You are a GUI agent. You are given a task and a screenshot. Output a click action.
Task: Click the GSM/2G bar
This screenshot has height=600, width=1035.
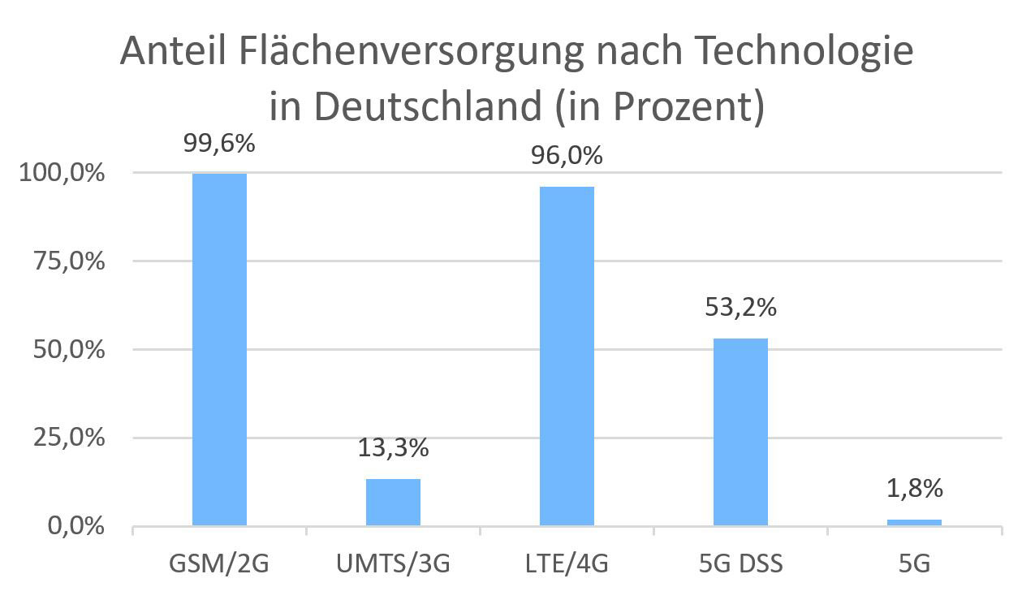(219, 349)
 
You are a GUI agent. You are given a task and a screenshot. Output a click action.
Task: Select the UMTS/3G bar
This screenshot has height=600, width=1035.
(393, 503)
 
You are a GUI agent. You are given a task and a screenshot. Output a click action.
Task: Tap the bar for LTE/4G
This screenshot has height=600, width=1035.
(567, 356)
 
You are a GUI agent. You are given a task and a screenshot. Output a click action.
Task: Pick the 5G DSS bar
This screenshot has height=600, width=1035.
(740, 432)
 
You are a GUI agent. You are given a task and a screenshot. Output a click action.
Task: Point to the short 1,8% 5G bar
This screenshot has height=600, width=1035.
(914, 522)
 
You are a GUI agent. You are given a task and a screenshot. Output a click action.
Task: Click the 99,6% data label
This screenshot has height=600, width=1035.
(219, 145)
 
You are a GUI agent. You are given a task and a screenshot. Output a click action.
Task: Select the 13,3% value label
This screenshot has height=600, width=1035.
(393, 447)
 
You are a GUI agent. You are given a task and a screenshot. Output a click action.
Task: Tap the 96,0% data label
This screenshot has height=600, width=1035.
(567, 155)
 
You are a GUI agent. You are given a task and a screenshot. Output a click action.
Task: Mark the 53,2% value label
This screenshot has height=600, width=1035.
(740, 308)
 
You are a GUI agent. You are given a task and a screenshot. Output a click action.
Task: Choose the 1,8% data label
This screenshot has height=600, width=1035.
(914, 488)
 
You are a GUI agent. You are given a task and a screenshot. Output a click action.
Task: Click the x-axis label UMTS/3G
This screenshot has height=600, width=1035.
(393, 563)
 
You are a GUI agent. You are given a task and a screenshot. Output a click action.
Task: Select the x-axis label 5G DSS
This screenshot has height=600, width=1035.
(740, 563)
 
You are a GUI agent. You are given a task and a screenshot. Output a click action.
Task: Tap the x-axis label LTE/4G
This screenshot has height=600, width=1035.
(567, 563)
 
